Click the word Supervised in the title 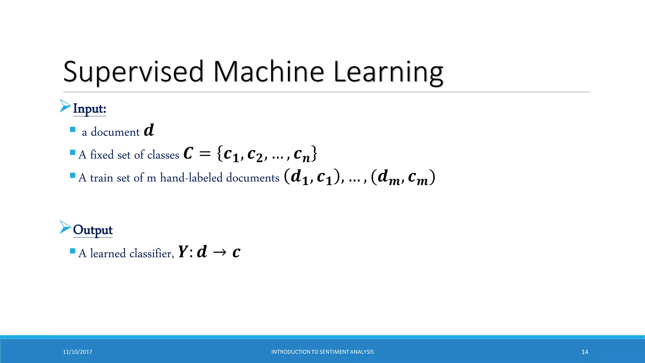pos(134,72)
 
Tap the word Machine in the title pos(268,72)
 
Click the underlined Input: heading pos(89,109)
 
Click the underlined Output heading pos(93,230)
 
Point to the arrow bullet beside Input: pos(65,106)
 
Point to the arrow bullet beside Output pos(65,227)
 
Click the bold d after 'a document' pos(149,130)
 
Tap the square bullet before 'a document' pos(73,130)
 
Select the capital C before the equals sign pos(188,154)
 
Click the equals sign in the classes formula pos(205,154)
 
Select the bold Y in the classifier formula pos(183,252)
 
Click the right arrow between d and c pos(220,252)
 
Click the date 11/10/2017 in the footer pos(77,352)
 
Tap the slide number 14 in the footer pos(585,352)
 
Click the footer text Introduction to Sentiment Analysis pos(322,352)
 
